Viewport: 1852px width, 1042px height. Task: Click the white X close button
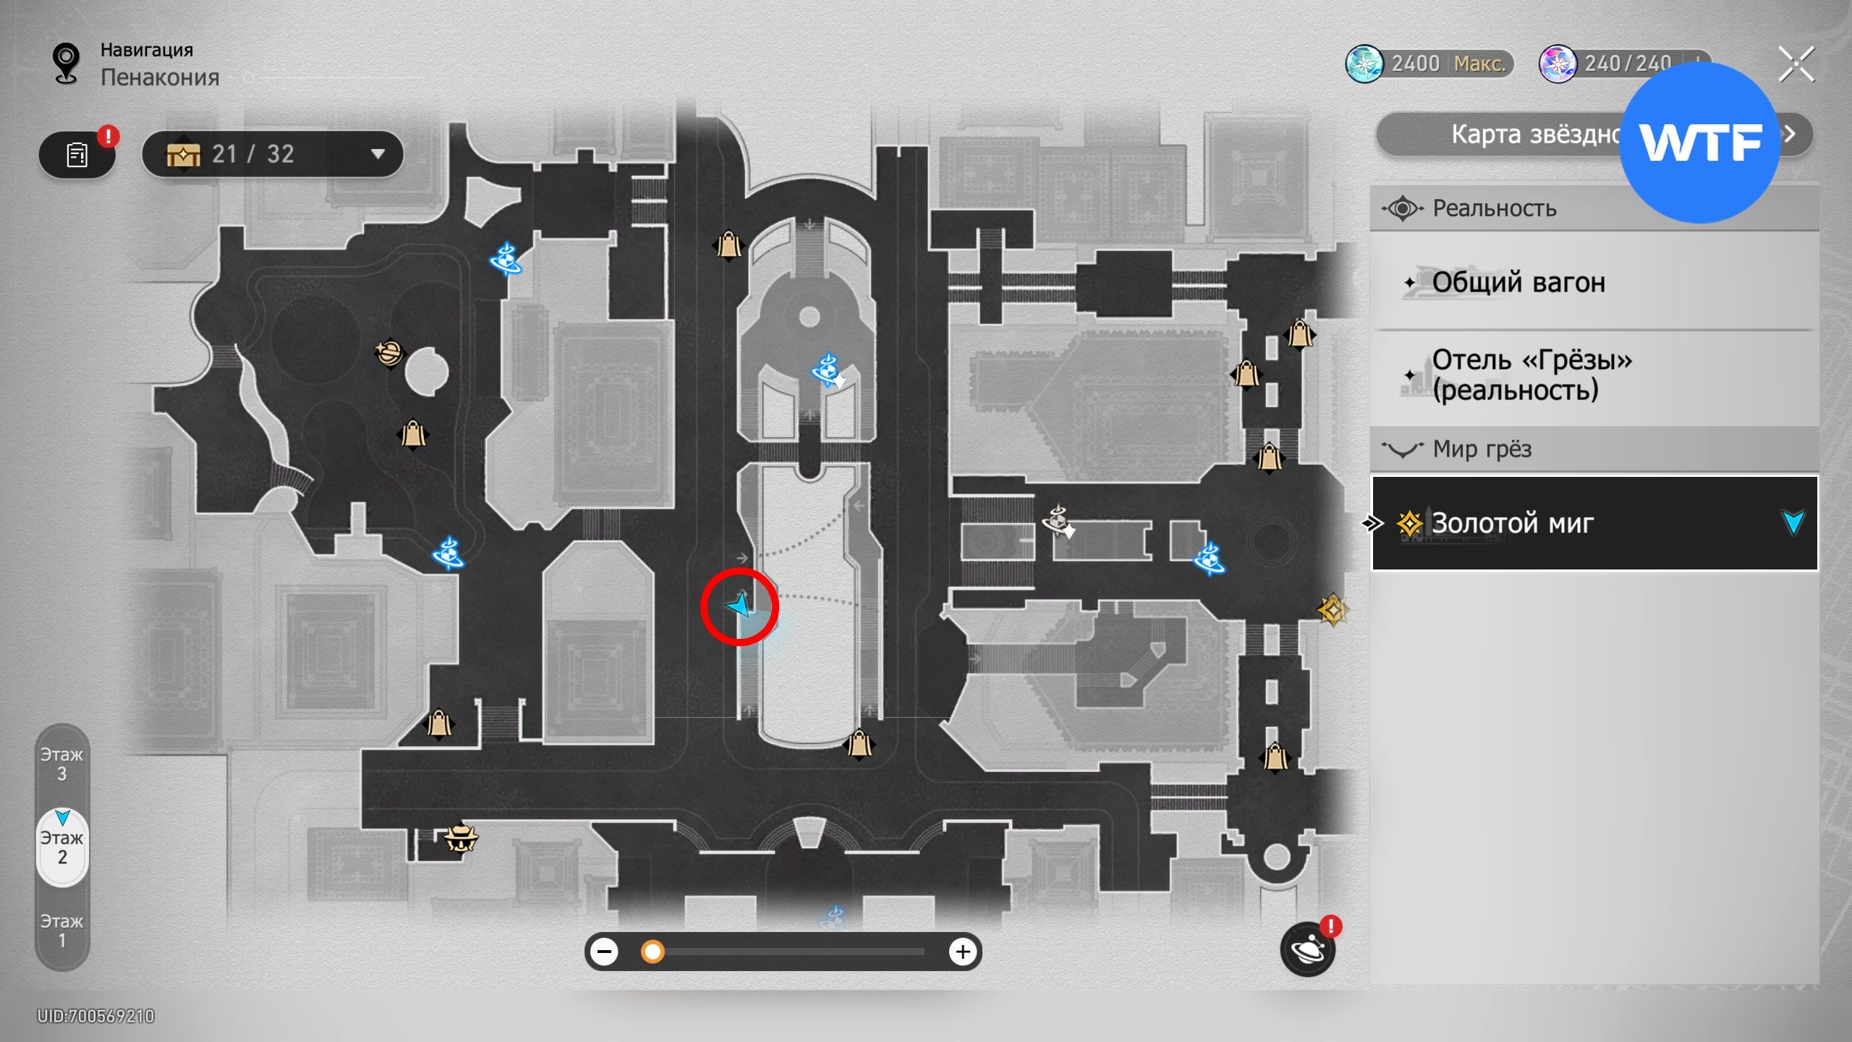coord(1796,64)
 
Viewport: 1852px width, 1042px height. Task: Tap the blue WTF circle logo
coord(1699,143)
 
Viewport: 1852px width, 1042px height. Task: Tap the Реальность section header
coord(1495,208)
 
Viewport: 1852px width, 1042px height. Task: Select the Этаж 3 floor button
coord(62,764)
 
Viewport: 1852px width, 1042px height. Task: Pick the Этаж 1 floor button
coord(62,931)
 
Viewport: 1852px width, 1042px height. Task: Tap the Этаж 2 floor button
coord(62,847)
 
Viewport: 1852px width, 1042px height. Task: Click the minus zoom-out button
coord(604,952)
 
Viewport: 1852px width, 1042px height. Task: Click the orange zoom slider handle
coord(653,952)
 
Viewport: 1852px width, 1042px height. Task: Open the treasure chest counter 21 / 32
coord(273,154)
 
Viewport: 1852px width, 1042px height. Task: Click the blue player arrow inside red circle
coord(740,604)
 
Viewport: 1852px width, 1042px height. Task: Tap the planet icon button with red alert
coord(1308,949)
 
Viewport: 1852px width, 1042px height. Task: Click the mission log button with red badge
coord(77,154)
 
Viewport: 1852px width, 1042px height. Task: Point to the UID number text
coord(96,1016)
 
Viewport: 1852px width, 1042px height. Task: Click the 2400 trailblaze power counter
coord(1429,64)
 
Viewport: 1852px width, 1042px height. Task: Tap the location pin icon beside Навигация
coord(67,63)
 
